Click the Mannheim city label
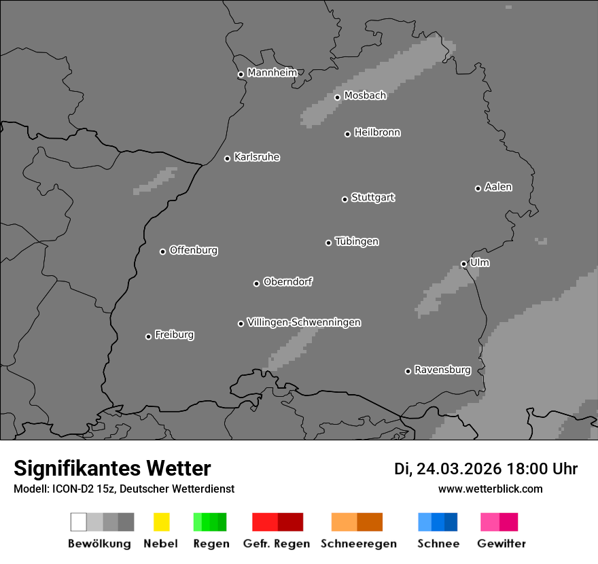tap(272, 73)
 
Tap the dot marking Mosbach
tap(337, 97)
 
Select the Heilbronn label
tap(377, 133)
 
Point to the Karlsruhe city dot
tap(228, 158)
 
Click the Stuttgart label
tap(373, 198)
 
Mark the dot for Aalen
tap(478, 188)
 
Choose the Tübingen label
tap(357, 242)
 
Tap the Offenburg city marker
tap(162, 251)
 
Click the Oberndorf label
tap(288, 282)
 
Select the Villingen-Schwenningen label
tap(304, 322)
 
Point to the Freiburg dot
tap(148, 336)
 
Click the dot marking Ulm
tap(463, 264)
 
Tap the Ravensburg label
tap(442, 370)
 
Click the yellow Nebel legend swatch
tap(161, 522)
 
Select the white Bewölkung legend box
tap(78, 522)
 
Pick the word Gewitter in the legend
tap(502, 544)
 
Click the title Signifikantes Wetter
tap(112, 468)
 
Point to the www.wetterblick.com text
tap(491, 489)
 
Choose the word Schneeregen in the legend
tap(359, 544)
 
